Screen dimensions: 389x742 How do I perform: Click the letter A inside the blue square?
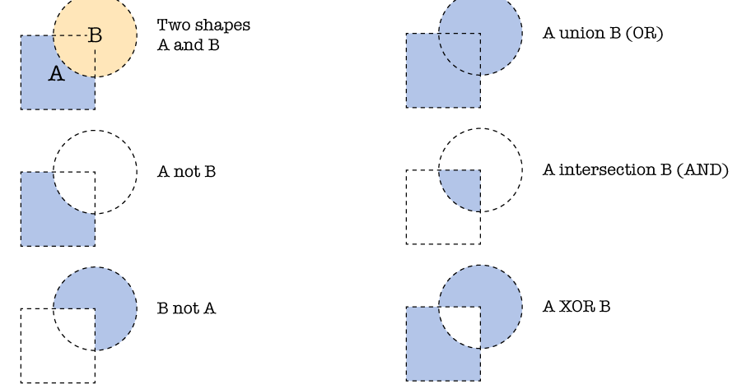point(56,74)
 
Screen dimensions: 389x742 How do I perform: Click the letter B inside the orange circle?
point(95,35)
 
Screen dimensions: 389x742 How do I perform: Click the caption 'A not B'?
point(186,172)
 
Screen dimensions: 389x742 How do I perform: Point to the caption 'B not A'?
point(186,308)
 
